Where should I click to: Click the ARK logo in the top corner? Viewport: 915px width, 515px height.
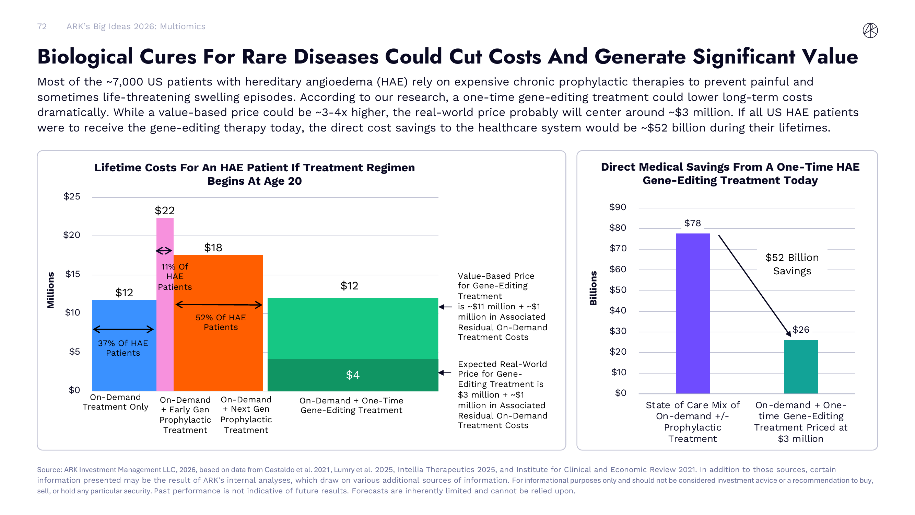click(x=870, y=30)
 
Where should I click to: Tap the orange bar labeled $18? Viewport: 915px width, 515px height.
click(x=218, y=355)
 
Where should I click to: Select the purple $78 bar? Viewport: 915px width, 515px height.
click(x=692, y=313)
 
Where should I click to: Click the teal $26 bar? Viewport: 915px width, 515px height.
click(x=800, y=366)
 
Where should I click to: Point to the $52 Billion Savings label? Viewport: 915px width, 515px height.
click(x=792, y=264)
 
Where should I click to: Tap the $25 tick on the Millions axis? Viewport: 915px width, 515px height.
click(x=72, y=196)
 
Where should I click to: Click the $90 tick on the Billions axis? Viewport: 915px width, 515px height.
click(x=617, y=207)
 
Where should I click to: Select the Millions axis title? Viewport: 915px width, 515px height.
click(x=51, y=290)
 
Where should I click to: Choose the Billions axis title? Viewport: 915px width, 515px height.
click(x=593, y=288)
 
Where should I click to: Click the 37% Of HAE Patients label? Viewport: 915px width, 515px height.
click(x=123, y=348)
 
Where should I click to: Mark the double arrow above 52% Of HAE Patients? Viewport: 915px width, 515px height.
click(x=219, y=305)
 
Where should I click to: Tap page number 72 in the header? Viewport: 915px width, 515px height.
click(x=42, y=26)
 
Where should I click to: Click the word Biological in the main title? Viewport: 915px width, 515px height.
click(x=85, y=57)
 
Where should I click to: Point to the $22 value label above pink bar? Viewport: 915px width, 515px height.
click(x=164, y=210)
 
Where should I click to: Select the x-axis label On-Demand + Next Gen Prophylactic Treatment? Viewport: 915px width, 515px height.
click(x=246, y=414)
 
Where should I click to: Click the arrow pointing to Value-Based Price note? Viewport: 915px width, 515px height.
click(x=445, y=307)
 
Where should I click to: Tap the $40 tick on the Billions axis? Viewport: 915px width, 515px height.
click(x=617, y=310)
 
